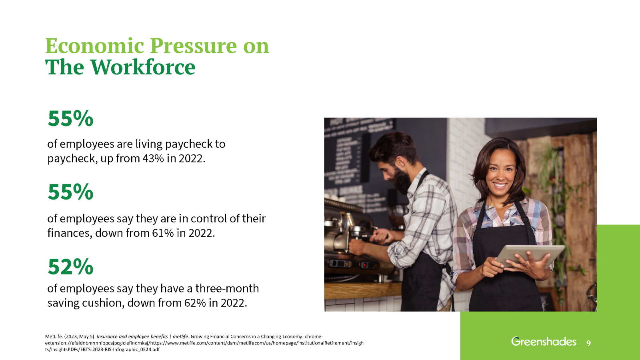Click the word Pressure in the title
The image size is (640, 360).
193,46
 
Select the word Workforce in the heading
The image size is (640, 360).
143,67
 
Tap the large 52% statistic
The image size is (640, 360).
70,267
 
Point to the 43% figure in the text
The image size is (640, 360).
153,159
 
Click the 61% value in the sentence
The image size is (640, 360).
163,233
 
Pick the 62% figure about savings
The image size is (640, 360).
195,303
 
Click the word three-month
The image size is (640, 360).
227,288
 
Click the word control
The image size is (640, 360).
208,219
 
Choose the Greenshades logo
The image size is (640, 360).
544,342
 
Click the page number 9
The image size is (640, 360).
588,343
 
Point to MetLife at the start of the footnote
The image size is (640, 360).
54,337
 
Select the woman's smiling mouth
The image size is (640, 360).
500,185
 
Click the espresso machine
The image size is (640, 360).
352,240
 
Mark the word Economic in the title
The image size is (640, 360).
95,46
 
